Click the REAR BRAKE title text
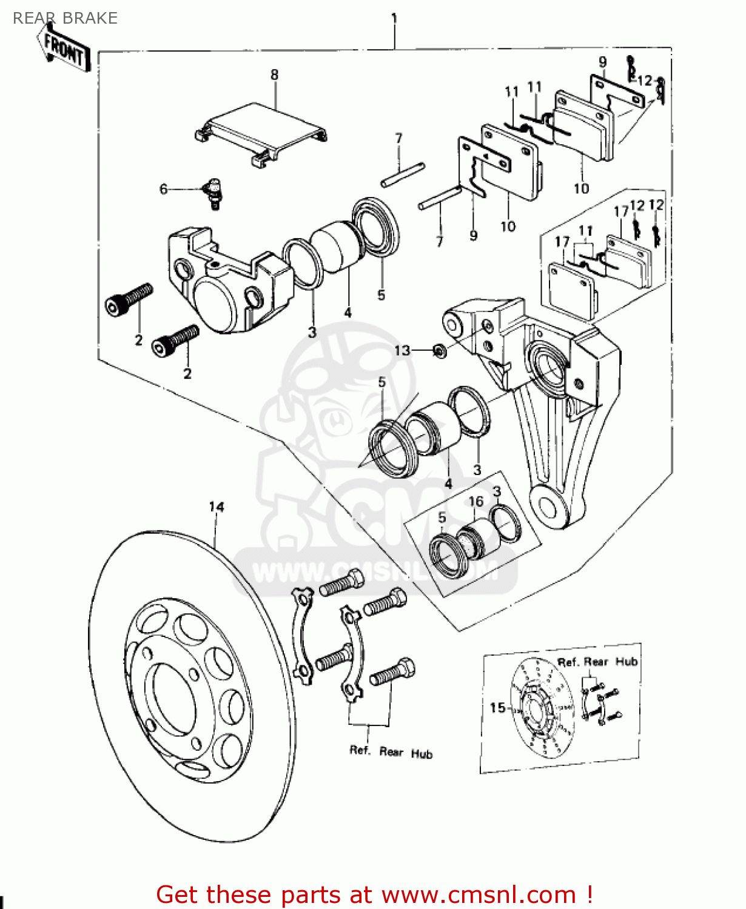tap(65, 18)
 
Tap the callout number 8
tap(274, 75)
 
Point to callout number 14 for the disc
tap(217, 507)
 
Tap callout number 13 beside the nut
tap(402, 350)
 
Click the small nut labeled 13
tap(440, 350)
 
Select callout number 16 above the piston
tap(476, 501)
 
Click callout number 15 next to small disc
tap(497, 707)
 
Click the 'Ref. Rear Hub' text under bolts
tap(391, 752)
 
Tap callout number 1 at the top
tap(394, 18)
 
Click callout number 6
tap(163, 189)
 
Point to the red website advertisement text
tap(374, 894)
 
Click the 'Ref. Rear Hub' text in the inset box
tap(597, 662)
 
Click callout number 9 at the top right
tap(602, 61)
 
